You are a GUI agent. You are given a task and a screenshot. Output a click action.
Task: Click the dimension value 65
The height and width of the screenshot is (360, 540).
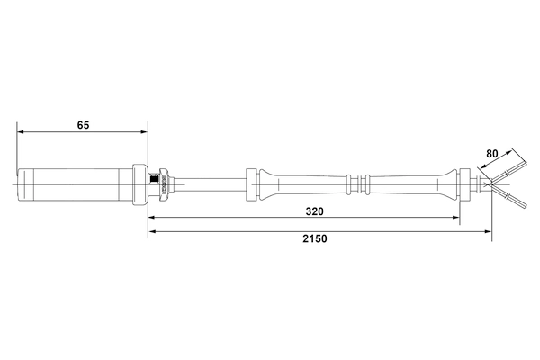(83, 126)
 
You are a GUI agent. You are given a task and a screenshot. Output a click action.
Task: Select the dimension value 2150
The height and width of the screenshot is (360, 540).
(314, 239)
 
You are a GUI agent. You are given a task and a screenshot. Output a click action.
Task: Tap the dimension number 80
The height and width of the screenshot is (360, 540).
(491, 154)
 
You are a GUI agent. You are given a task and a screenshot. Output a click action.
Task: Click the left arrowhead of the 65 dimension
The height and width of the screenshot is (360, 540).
(21, 133)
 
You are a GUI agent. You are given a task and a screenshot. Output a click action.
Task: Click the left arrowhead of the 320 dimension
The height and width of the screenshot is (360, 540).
(152, 218)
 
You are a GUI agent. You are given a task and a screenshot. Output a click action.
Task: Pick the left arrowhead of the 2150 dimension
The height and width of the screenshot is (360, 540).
(152, 232)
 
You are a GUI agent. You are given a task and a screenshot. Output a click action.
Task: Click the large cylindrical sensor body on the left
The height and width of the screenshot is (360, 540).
(76, 184)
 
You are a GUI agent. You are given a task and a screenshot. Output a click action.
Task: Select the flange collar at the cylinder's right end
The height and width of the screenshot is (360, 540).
(140, 184)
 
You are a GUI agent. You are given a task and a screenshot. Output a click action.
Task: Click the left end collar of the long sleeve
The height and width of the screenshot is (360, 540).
(252, 184)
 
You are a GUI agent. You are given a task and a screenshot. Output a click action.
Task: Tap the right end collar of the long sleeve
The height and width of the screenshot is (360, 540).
(466, 184)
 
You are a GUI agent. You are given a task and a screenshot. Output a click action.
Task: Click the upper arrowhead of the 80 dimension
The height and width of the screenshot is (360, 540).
(514, 149)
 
